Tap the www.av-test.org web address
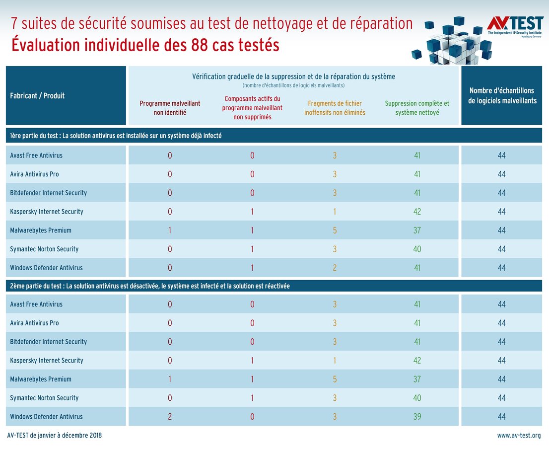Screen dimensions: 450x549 coord(519,436)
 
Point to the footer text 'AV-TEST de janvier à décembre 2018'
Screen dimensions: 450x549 coord(55,436)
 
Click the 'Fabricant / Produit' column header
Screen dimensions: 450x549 coord(37,95)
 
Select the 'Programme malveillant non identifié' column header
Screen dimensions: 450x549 coord(170,108)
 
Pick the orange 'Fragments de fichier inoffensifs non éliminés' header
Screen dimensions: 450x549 coord(335,108)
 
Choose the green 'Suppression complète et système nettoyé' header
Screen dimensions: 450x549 coord(417,108)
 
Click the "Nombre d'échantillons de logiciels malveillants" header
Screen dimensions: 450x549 coord(502,95)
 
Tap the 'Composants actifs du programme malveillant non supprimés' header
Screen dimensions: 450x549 coord(252,108)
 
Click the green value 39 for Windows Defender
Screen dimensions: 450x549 coord(417,417)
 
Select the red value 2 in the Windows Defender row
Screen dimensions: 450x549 coord(170,417)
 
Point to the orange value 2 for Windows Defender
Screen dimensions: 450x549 coord(335,268)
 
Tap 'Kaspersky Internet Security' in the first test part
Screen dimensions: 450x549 coord(47,212)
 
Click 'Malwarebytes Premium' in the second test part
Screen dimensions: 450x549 coord(41,379)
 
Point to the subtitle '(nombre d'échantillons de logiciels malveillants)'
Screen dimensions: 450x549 coord(293,85)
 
